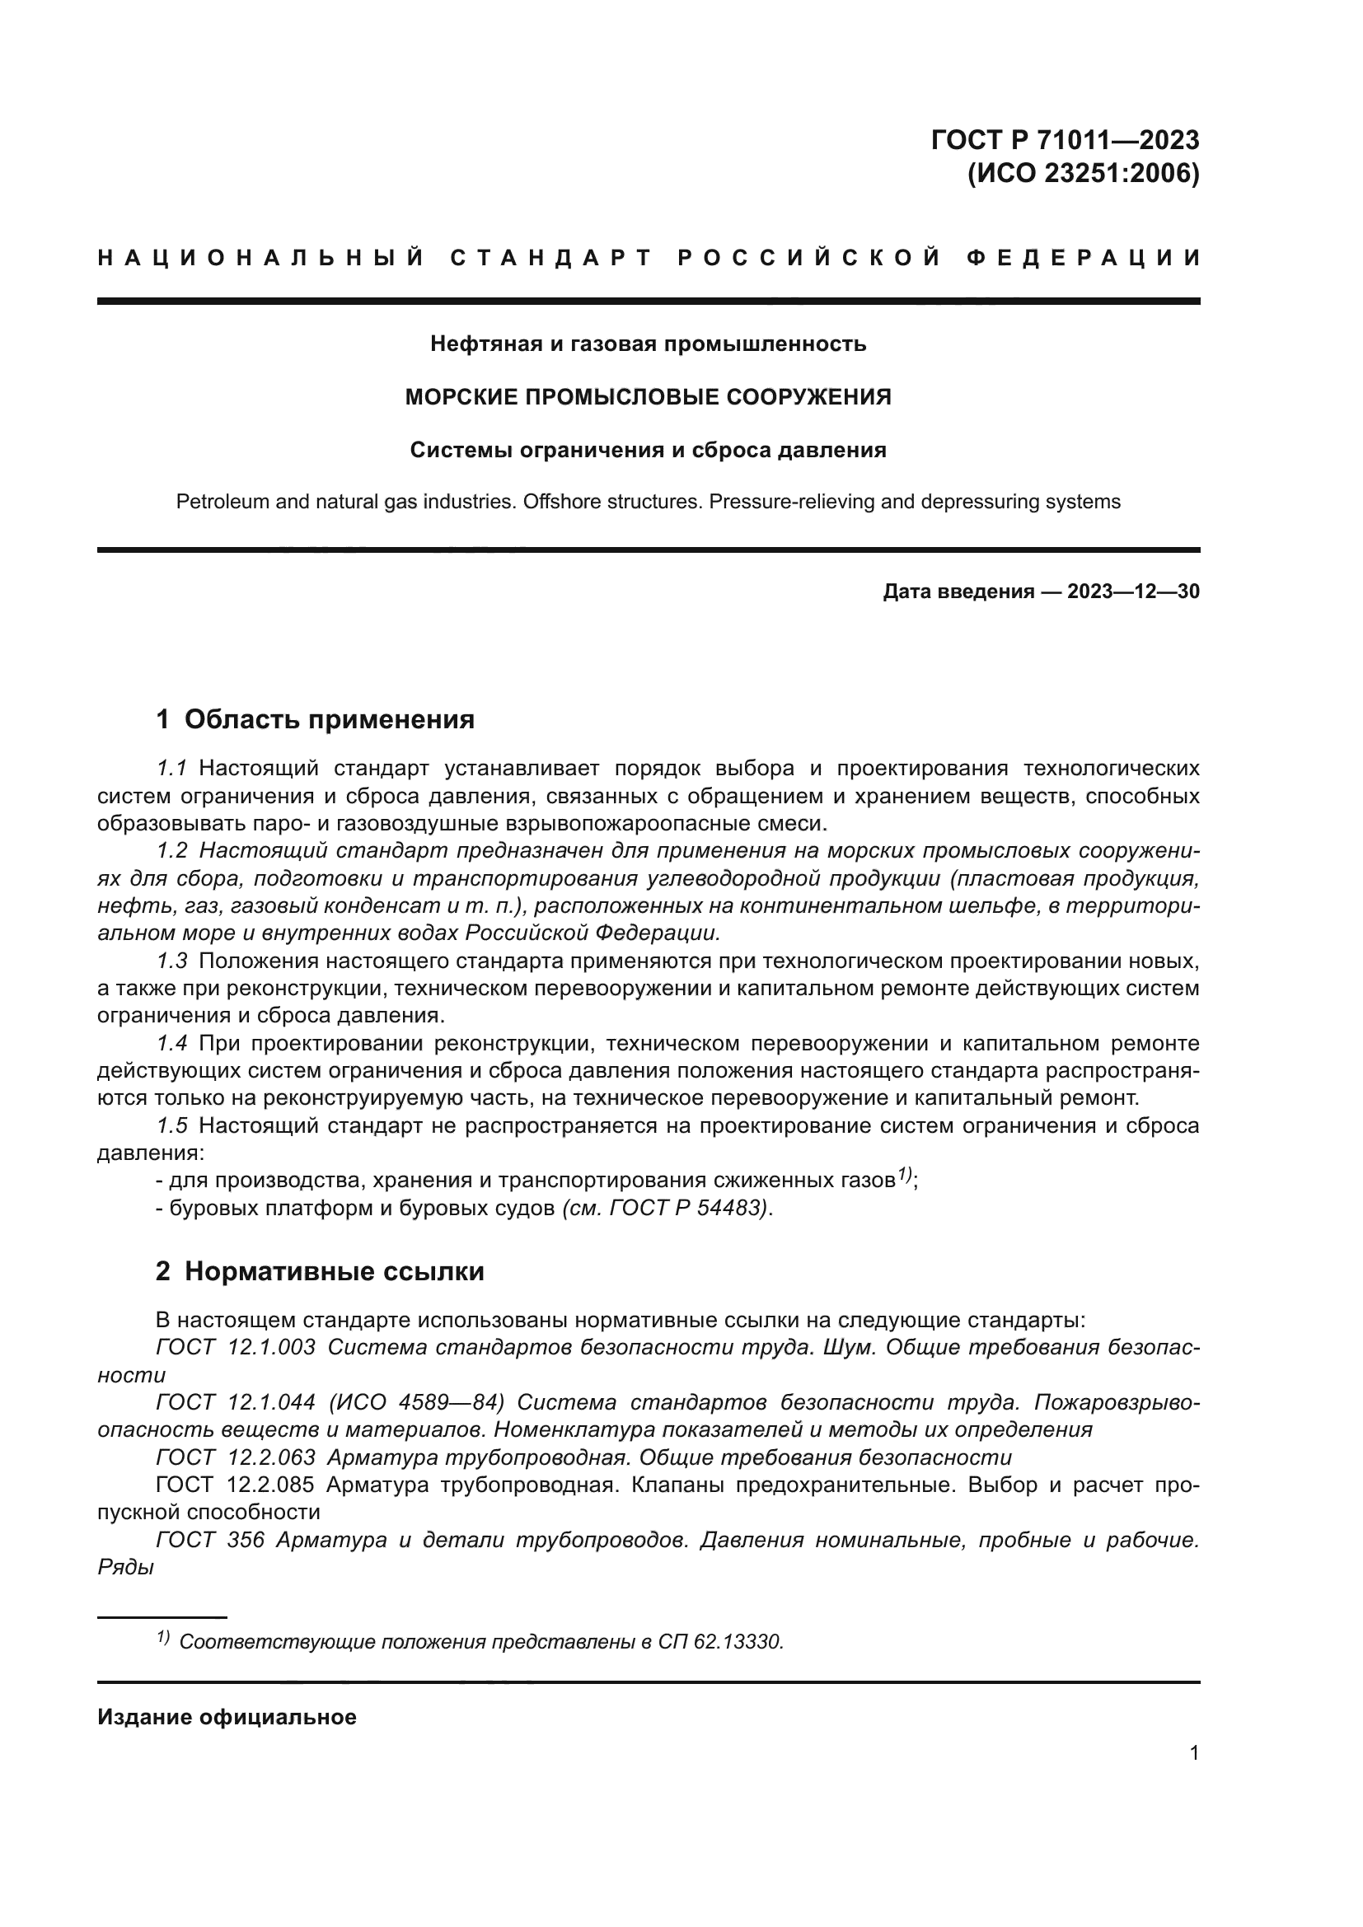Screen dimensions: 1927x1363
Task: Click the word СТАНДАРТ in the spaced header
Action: tap(550, 258)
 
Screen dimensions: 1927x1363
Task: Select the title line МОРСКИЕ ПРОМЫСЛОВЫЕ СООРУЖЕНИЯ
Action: tap(648, 397)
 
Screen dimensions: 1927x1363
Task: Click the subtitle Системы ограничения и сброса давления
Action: tap(648, 451)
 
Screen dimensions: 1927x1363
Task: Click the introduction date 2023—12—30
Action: tap(1133, 592)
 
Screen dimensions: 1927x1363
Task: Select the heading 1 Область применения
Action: tap(316, 719)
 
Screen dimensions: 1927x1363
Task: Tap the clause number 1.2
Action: tap(172, 851)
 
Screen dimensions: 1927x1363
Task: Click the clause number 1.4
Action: tap(172, 1043)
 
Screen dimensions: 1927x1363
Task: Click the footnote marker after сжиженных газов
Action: tap(904, 1175)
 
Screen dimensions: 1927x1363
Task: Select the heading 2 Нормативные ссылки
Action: tap(320, 1271)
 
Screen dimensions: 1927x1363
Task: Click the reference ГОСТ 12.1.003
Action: tap(236, 1347)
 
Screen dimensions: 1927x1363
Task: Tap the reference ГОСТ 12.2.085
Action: tap(235, 1485)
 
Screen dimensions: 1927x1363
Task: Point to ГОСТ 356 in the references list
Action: tap(210, 1540)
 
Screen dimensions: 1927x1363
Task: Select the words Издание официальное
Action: tap(227, 1717)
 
